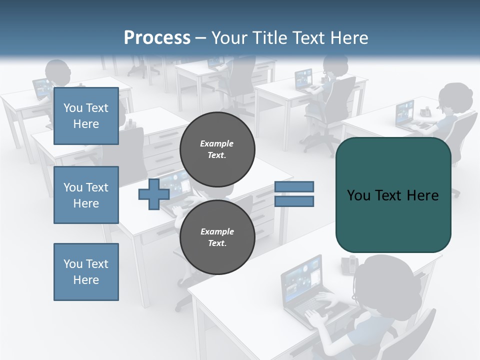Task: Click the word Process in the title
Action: [157, 37]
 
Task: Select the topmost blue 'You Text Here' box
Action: [86, 116]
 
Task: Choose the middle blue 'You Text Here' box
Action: [86, 195]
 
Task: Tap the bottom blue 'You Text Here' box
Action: [86, 271]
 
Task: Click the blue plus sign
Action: [154, 194]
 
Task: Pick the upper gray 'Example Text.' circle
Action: [217, 149]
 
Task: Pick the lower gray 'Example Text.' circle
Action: [217, 237]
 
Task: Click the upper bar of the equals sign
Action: [294, 186]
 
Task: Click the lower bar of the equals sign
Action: [294, 201]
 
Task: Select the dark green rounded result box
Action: [393, 194]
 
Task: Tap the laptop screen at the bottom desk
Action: [302, 278]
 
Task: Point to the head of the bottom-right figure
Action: [387, 285]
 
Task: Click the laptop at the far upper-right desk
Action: [405, 113]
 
